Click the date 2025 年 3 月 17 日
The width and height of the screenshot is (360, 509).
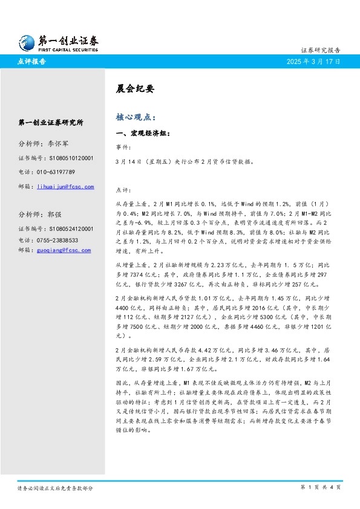pyautogui.click(x=313, y=62)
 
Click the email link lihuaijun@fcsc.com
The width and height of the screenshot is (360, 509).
pyautogui.click(x=65, y=187)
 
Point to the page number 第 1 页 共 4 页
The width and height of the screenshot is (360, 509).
pyautogui.click(x=320, y=487)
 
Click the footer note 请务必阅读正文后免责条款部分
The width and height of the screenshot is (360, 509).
pyautogui.click(x=55, y=487)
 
